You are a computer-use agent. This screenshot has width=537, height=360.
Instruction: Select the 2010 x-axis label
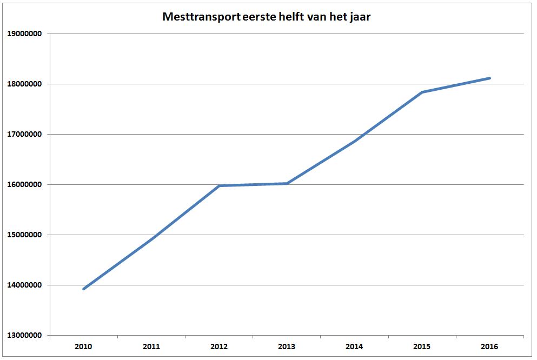84,346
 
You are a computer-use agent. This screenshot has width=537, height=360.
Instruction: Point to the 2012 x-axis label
219,346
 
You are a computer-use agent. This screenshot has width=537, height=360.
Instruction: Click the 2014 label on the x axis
354,346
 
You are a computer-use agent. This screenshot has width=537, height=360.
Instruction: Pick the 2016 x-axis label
489,346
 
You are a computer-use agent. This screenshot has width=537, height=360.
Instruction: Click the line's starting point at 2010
84,289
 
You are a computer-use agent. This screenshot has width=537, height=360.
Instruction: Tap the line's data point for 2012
219,186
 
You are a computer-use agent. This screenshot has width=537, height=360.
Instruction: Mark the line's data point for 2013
287,183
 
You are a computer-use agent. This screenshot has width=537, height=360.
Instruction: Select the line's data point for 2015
422,92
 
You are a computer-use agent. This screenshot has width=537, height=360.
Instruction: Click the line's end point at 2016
489,78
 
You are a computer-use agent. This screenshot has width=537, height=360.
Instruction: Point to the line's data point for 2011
151,238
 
